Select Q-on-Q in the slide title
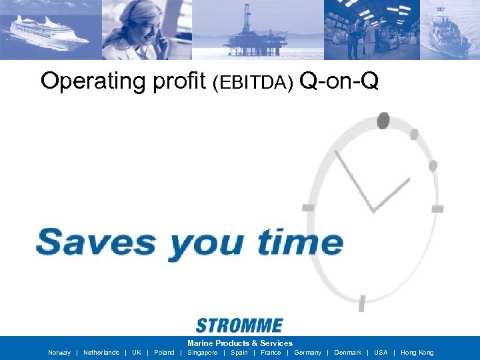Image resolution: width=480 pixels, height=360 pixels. pyautogui.click(x=339, y=81)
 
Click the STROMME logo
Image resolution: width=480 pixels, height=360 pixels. pyautogui.click(x=239, y=325)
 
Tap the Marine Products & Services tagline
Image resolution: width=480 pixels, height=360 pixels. pyautogui.click(x=240, y=343)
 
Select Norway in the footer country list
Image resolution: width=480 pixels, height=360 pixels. pyautogui.click(x=59, y=353)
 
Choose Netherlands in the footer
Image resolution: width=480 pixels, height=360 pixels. pyautogui.click(x=101, y=353)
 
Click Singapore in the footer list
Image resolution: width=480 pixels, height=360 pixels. pyautogui.click(x=203, y=353)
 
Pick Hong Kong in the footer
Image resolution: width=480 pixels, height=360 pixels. pyautogui.click(x=417, y=353)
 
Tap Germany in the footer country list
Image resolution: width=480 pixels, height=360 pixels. pyautogui.click(x=307, y=353)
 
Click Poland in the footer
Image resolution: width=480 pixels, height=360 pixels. pyautogui.click(x=164, y=353)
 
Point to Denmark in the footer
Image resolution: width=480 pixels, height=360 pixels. pyautogui.click(x=347, y=353)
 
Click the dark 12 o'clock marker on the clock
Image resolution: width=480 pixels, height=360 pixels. pyautogui.click(x=383, y=121)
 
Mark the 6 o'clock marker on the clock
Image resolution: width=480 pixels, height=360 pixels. pyautogui.click(x=361, y=304)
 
